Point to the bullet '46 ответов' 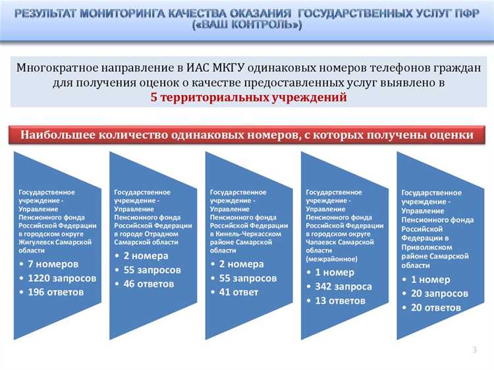point(149,284)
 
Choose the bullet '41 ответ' point(238,292)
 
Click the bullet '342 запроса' point(343,286)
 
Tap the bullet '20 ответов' point(435,307)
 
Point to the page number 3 point(474,349)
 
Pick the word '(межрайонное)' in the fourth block point(331,259)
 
